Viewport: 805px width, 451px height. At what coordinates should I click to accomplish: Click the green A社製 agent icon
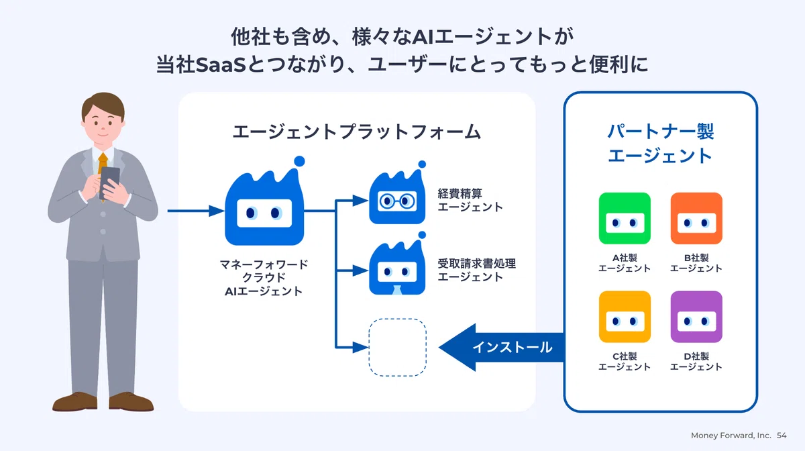(x=625, y=218)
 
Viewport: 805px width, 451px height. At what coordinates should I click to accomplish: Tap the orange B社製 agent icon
(x=696, y=218)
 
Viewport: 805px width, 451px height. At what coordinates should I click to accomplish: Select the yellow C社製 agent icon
(x=625, y=317)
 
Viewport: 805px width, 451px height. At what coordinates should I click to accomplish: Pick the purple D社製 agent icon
(x=696, y=317)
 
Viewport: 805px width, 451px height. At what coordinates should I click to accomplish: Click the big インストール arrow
(x=501, y=348)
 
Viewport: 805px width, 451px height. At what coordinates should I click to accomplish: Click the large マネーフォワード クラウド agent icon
(x=264, y=205)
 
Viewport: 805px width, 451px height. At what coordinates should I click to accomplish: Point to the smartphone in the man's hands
(x=109, y=182)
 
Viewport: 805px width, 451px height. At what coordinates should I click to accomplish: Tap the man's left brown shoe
(x=74, y=401)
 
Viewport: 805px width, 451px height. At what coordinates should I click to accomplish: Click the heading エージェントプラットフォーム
(x=356, y=132)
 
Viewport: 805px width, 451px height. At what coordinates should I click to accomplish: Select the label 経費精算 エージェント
(x=470, y=200)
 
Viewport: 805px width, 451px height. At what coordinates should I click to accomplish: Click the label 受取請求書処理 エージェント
(x=476, y=270)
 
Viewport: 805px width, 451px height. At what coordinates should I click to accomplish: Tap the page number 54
(x=782, y=436)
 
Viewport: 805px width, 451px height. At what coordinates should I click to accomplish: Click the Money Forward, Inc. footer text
(x=731, y=436)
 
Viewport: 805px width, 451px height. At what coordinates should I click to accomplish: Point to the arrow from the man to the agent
(x=196, y=211)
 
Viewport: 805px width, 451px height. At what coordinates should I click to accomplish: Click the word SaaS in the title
(x=221, y=65)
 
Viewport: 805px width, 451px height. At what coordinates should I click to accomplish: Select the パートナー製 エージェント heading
(x=661, y=144)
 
